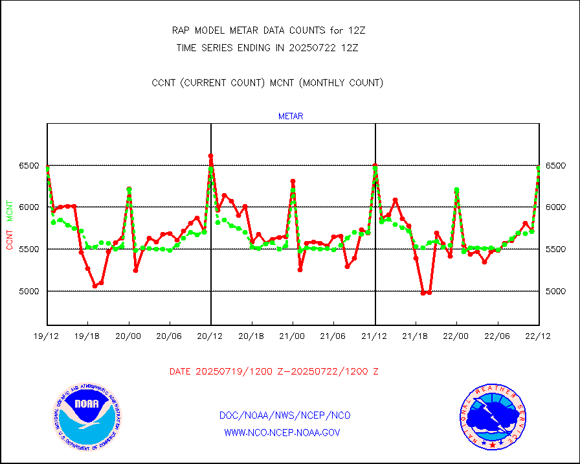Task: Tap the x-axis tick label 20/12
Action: (211, 336)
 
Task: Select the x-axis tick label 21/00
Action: (293, 336)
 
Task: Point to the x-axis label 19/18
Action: (88, 336)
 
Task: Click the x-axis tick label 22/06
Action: (497, 336)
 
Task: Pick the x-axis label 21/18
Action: (416, 336)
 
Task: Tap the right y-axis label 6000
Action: (557, 207)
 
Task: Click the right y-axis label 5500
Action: (557, 249)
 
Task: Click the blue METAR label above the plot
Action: (291, 117)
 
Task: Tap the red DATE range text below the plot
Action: (274, 372)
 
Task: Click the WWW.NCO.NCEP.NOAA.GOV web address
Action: (282, 432)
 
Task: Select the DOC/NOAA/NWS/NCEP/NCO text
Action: (285, 415)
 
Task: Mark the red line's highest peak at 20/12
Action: (211, 156)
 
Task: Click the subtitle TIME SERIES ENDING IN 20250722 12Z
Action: (267, 47)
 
